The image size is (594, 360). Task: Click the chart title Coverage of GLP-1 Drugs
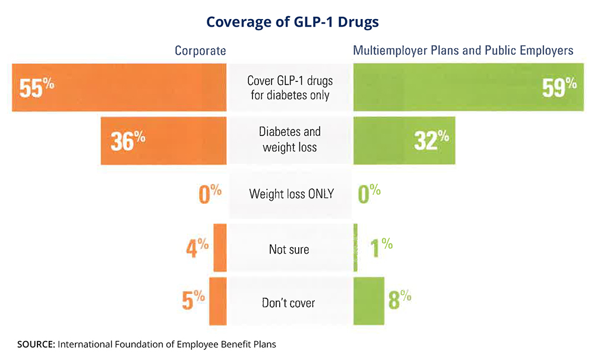pos(292,23)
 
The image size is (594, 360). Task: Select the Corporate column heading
pos(200,50)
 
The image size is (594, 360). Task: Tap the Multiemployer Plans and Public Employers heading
pos(463,50)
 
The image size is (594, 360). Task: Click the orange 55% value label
pos(36,88)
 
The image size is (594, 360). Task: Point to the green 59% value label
pos(559,88)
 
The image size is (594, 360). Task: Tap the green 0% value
pos(369,194)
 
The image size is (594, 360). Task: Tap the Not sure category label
pos(289,249)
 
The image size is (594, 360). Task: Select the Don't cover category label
pos(289,303)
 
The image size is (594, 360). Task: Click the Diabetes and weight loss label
pos(290,139)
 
